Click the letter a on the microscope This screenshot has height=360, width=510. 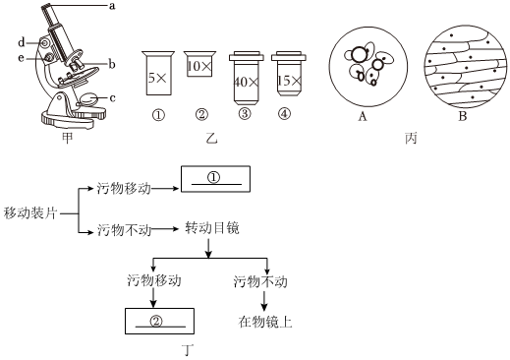112,6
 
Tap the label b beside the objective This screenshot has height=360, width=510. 112,64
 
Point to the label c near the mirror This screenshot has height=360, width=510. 112,98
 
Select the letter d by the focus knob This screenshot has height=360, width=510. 22,42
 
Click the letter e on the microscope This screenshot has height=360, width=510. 21,58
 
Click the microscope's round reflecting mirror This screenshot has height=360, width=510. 88,99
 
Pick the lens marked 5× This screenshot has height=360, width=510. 158,73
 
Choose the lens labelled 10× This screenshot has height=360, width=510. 199,64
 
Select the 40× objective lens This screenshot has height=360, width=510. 246,78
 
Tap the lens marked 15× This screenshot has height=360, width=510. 289,74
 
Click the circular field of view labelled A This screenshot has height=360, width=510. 368,67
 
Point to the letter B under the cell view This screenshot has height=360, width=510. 463,116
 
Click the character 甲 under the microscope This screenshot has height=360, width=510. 67,138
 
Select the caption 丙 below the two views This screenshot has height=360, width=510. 411,138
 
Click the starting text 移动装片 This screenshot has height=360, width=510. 30,213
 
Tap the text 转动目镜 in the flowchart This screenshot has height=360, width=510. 212,228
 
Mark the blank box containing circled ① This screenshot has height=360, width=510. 215,179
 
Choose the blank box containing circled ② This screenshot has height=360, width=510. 159,321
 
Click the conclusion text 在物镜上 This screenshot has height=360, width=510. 265,322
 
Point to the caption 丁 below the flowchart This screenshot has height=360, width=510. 188,350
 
